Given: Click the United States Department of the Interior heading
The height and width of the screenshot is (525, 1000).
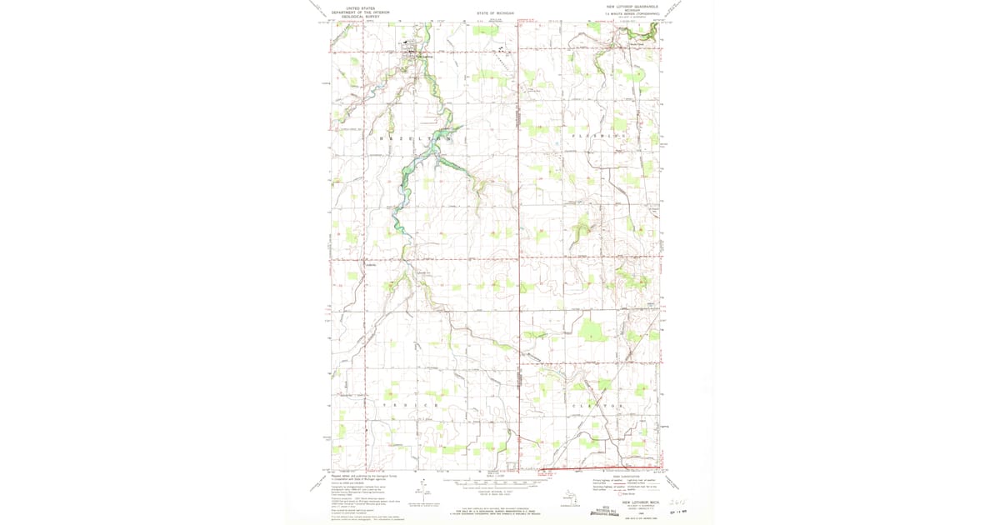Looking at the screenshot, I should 359,11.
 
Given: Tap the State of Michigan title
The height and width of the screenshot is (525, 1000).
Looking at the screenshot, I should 497,14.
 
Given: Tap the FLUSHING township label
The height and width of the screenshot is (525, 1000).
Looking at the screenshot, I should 597,135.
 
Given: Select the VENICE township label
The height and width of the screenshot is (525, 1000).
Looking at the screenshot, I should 410,405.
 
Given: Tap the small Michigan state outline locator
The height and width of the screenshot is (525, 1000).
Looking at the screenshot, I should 571,498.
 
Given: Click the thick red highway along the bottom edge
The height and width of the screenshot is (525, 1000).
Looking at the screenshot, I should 600,468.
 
